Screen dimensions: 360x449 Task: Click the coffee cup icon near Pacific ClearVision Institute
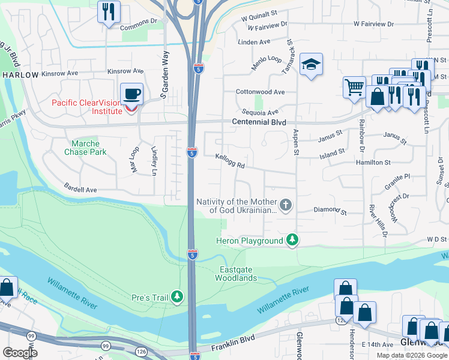click(131, 94)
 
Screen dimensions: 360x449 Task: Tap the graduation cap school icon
click(312, 64)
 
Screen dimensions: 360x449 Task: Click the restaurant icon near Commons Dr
click(109, 11)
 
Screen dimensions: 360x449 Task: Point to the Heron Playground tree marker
click(292, 241)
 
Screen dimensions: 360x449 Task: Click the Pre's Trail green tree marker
click(177, 297)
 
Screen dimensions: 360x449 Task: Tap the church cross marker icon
click(286, 206)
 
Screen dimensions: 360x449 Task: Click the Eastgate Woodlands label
click(237, 274)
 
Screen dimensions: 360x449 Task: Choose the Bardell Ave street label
click(80, 190)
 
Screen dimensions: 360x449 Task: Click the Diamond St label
click(330, 212)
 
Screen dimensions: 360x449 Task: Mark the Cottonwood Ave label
click(261, 92)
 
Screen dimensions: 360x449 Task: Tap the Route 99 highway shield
click(106, 346)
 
